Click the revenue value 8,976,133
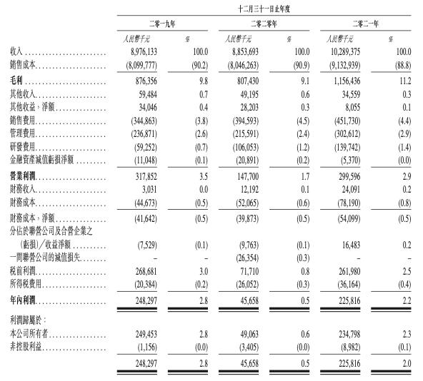[x=149, y=51]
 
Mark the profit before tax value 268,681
[x=153, y=270]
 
